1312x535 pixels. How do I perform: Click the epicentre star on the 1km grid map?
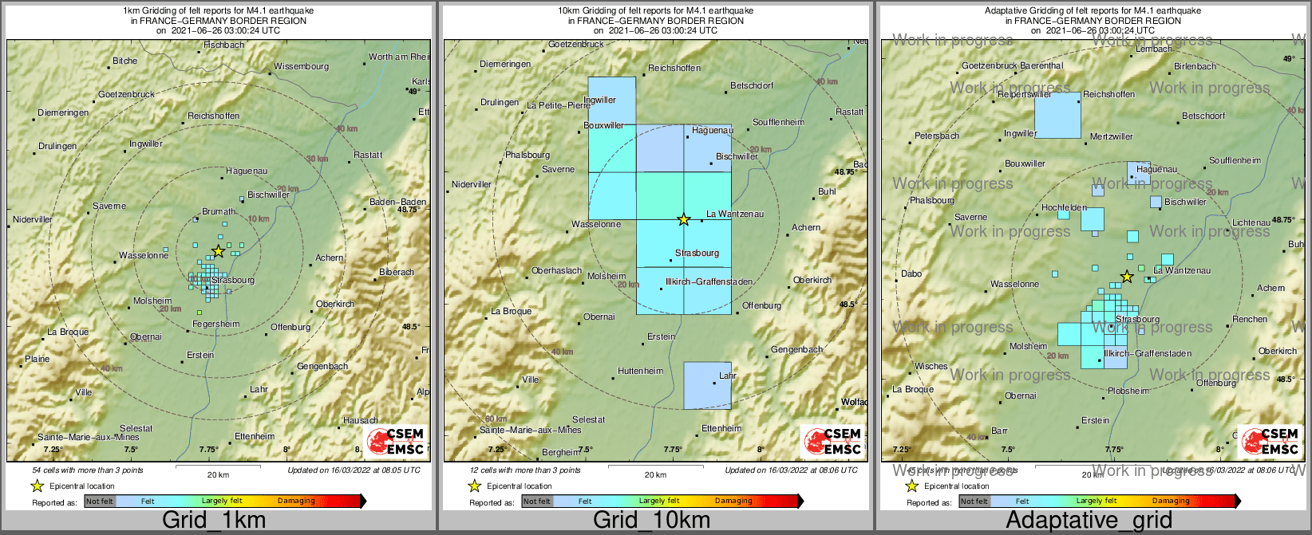coord(218,252)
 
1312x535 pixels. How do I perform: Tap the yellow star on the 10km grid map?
coord(683,219)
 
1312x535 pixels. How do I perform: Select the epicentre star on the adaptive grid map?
coord(1126,277)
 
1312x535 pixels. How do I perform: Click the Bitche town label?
coord(124,61)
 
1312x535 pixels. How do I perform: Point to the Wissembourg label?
coord(301,66)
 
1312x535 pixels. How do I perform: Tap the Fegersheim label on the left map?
coord(215,325)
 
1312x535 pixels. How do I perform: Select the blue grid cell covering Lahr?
coord(707,385)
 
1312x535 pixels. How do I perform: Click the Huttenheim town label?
coord(640,371)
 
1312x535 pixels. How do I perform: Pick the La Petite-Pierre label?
coord(559,105)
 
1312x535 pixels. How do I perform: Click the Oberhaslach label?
coord(556,270)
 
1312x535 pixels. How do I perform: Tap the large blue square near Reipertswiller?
coord(1057,115)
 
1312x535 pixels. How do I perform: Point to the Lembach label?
coord(1153,49)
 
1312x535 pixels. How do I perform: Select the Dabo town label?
coord(911,273)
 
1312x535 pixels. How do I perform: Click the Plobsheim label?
coord(1128,391)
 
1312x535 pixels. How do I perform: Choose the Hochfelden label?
coord(1064,207)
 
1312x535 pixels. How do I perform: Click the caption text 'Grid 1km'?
coord(214,521)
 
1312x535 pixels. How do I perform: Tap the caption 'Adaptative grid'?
coord(1089,521)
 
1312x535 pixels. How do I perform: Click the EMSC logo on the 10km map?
coord(833,442)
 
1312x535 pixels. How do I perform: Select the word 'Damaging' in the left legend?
coord(296,501)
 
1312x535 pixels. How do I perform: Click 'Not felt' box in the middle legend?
coord(537,501)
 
